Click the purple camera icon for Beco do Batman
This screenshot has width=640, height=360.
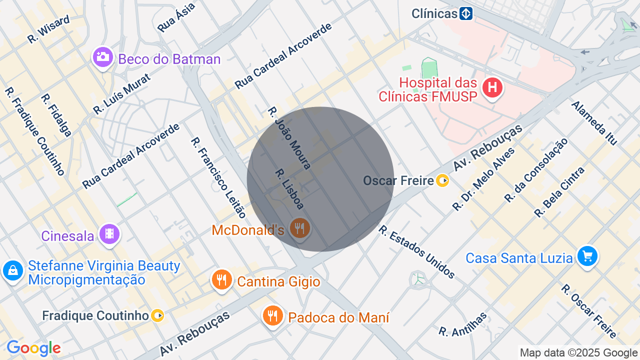[x=103, y=57]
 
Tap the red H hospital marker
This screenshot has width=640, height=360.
[x=492, y=88]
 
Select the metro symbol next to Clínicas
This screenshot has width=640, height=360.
[x=466, y=13]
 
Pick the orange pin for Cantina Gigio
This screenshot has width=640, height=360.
[x=221, y=279]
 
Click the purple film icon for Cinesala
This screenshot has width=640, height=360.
[x=109, y=234]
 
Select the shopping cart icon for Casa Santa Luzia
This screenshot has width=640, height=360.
[x=587, y=256]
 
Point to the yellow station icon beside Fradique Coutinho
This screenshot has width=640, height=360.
[x=157, y=315]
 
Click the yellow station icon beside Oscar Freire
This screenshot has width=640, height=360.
[x=442, y=180]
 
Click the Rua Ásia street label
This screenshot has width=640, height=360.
[x=176, y=17]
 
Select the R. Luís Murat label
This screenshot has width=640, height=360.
[x=121, y=94]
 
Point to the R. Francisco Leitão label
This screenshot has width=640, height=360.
[x=218, y=177]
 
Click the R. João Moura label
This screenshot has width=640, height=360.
[x=289, y=137]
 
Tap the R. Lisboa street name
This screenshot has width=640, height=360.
[x=289, y=188]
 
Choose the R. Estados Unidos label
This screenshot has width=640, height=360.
[x=416, y=251]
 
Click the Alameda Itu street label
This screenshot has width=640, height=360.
[x=594, y=122]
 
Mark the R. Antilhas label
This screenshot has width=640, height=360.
[x=462, y=324]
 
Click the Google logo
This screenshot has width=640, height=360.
[x=33, y=348]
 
